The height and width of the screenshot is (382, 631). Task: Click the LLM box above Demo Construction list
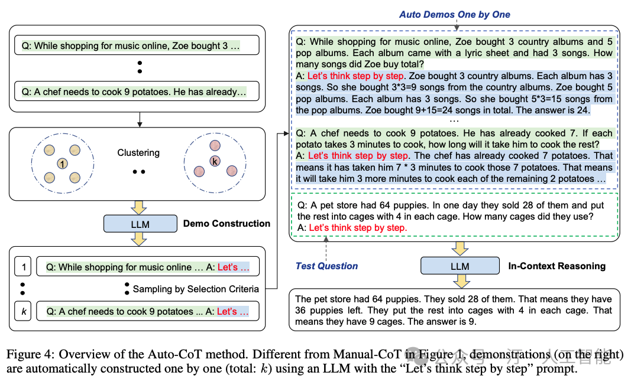pyautogui.click(x=140, y=224)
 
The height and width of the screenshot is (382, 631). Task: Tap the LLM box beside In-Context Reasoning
pyautogui.click(x=460, y=266)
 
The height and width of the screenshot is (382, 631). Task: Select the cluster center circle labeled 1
pyautogui.click(x=63, y=163)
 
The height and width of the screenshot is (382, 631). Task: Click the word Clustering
pyautogui.click(x=138, y=152)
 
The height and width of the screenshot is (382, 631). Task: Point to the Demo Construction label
pyautogui.click(x=226, y=224)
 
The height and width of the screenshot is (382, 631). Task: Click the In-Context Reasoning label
pyautogui.click(x=556, y=266)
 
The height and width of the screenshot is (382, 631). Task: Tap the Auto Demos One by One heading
pyautogui.click(x=455, y=14)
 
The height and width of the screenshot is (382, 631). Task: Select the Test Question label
pyautogui.click(x=326, y=266)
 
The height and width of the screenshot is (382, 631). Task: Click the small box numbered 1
pyautogui.click(x=24, y=267)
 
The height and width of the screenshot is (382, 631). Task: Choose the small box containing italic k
pyautogui.click(x=24, y=311)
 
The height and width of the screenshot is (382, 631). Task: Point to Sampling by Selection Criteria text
pyautogui.click(x=196, y=289)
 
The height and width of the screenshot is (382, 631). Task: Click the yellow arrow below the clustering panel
pyautogui.click(x=140, y=206)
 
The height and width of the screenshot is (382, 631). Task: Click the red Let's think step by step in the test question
pyautogui.click(x=358, y=227)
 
